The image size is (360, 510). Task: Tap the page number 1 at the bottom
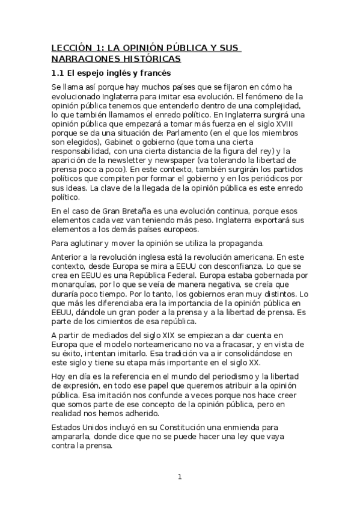pos(179,477)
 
